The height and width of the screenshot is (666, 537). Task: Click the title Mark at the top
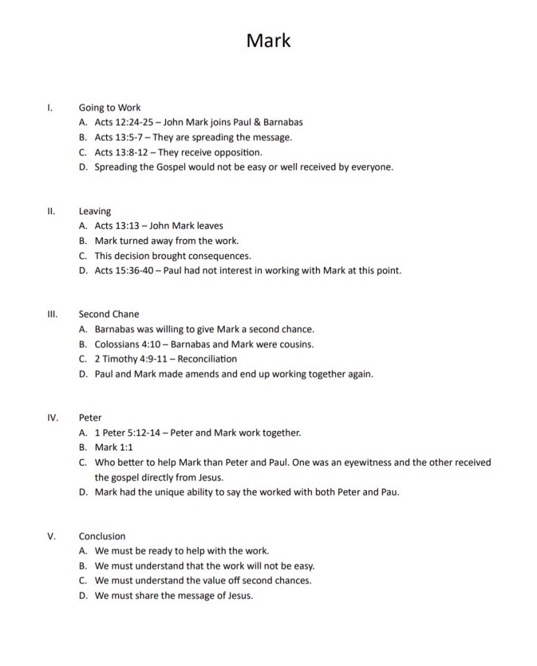pyautogui.click(x=268, y=41)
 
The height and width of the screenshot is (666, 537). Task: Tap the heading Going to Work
pyautogui.click(x=109, y=107)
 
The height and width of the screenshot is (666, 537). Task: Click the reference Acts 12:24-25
pyautogui.click(x=121, y=122)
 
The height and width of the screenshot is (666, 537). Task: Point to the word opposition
pyautogui.click(x=239, y=152)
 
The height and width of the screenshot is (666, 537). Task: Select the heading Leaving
pyautogui.click(x=94, y=211)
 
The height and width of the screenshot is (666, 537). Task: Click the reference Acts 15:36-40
pyautogui.click(x=121, y=270)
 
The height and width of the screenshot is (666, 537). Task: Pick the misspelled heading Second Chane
pyautogui.click(x=109, y=314)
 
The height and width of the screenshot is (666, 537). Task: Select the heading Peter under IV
pyautogui.click(x=90, y=417)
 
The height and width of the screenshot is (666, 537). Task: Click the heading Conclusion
pyautogui.click(x=102, y=536)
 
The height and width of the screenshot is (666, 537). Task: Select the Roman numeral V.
pyautogui.click(x=51, y=536)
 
